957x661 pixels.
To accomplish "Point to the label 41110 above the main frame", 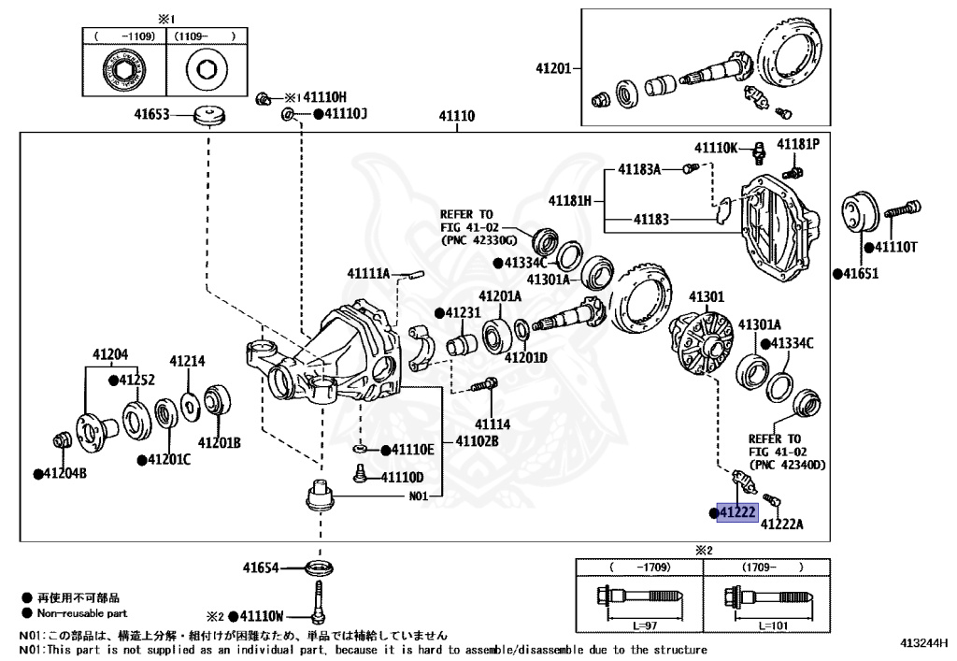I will pyautogui.click(x=458, y=118).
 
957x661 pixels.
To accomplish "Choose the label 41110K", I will pyautogui.click(x=716, y=148).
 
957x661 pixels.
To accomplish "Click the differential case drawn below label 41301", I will pyautogui.click(x=702, y=338).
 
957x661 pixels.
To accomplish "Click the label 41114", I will pyautogui.click(x=490, y=424).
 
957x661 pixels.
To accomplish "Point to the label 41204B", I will pyautogui.click(x=64, y=474).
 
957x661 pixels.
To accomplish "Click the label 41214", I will pyautogui.click(x=187, y=361).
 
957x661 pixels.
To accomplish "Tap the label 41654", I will pyautogui.click(x=263, y=568).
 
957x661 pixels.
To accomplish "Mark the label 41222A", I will pyautogui.click(x=782, y=525).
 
